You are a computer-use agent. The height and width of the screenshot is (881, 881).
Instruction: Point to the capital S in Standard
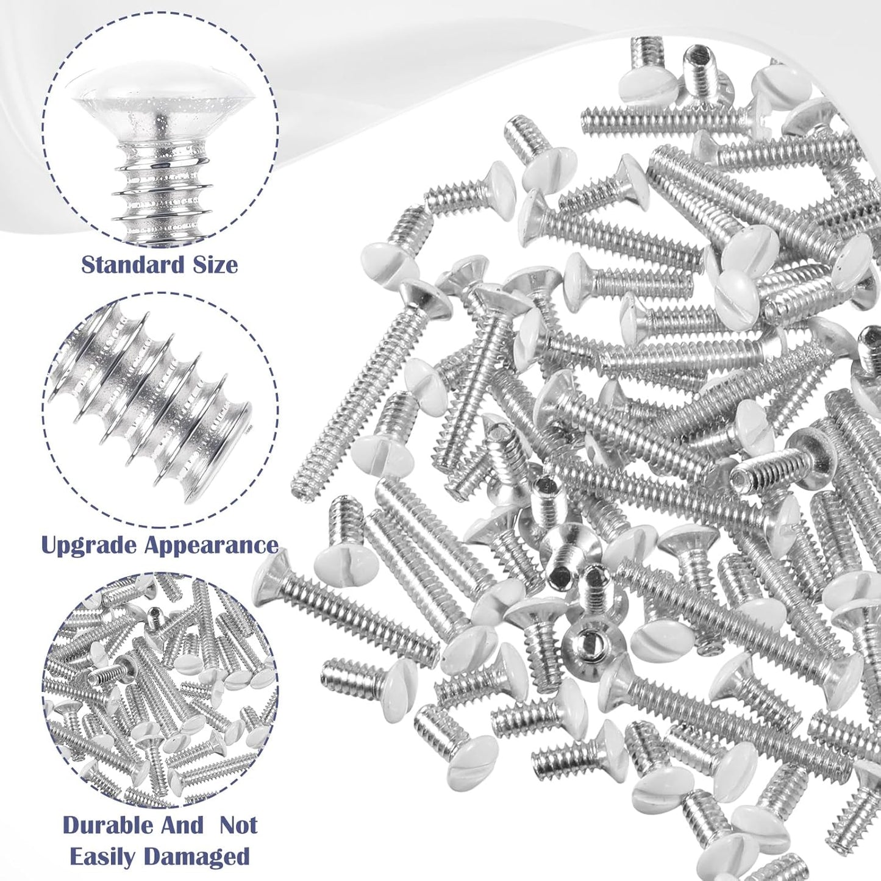[88, 265]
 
